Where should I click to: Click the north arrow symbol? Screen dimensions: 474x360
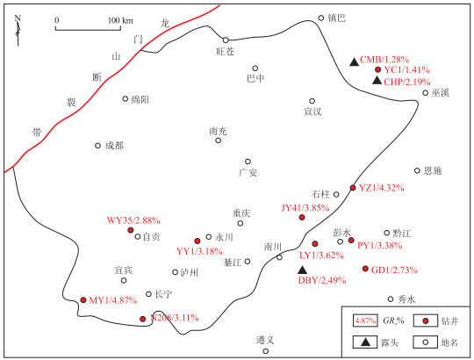click(18, 30)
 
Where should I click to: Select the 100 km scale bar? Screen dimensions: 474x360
click(88, 29)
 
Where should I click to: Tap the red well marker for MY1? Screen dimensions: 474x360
click(83, 299)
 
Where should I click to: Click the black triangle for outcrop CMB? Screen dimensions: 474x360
click(354, 62)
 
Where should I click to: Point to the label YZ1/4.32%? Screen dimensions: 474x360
click(382, 188)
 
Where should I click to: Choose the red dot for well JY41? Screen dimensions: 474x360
click(302, 217)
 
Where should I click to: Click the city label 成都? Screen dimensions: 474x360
click(114, 146)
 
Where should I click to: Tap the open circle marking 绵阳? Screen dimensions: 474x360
click(126, 98)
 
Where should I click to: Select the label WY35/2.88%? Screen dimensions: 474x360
click(133, 220)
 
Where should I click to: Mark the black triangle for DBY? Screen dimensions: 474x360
click(302, 270)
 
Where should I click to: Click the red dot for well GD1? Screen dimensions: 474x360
click(365, 269)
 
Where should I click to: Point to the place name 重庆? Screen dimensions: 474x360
click(241, 213)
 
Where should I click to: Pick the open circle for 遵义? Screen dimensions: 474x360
click(265, 351)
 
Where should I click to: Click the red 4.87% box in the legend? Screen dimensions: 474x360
click(365, 320)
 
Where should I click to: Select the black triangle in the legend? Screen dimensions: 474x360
click(366, 342)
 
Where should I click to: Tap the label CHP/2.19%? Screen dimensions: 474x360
click(407, 82)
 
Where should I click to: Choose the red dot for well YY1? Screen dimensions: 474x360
click(197, 241)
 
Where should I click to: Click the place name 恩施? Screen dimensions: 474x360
click(433, 171)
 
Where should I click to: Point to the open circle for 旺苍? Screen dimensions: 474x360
click(226, 40)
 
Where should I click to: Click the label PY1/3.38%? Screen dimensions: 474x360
click(380, 246)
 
